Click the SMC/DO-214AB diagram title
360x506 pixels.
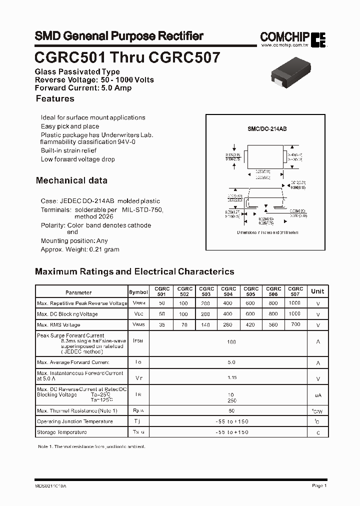click(267, 129)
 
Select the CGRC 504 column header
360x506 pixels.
click(228, 291)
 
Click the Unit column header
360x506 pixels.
click(317, 291)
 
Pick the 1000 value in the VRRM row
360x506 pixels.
click(295, 303)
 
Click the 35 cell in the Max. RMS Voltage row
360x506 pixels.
click(161, 325)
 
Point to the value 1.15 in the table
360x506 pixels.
click(231, 377)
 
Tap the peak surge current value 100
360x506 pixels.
click(231, 342)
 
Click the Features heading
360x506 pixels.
click(55, 99)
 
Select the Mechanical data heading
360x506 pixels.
click(71, 180)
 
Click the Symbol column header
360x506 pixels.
click(138, 292)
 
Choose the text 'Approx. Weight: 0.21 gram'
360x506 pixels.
click(80, 249)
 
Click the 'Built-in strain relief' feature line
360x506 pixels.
click(68, 150)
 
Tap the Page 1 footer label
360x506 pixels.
click(319, 485)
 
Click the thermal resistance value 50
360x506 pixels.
click(231, 410)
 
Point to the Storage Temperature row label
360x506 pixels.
click(61, 432)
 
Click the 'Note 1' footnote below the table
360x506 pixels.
click(91, 446)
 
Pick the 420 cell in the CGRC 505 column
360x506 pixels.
click(250, 325)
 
